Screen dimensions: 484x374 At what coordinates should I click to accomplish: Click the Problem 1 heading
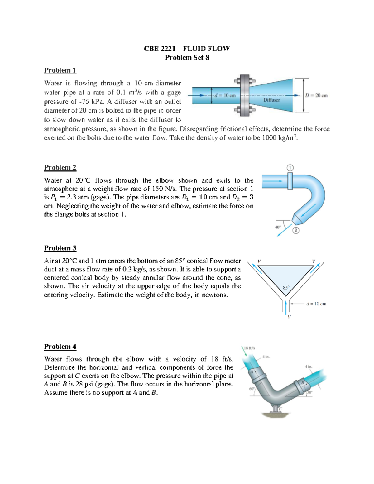[x=60, y=70]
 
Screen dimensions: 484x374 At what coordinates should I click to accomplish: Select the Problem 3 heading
[x=60, y=248]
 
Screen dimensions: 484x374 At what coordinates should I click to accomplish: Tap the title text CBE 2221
[x=159, y=49]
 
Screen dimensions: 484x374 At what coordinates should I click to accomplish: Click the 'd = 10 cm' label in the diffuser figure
[x=225, y=95]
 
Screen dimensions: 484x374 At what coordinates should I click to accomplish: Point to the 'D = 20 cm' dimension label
[x=316, y=95]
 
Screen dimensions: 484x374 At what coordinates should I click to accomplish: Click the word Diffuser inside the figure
[x=271, y=100]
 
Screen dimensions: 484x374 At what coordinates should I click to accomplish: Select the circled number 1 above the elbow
[x=290, y=168]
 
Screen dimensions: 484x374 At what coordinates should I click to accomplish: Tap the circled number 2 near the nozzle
[x=296, y=231]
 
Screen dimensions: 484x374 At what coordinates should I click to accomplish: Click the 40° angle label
[x=278, y=227]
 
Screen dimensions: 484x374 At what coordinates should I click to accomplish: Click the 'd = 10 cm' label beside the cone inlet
[x=316, y=304]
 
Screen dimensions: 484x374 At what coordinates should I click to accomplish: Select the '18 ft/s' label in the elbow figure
[x=249, y=348]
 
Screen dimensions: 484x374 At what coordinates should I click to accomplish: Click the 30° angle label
[x=309, y=393]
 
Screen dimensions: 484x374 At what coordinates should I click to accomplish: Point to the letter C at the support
[x=280, y=409]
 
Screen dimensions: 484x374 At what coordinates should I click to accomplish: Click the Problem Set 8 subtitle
[x=187, y=58]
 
